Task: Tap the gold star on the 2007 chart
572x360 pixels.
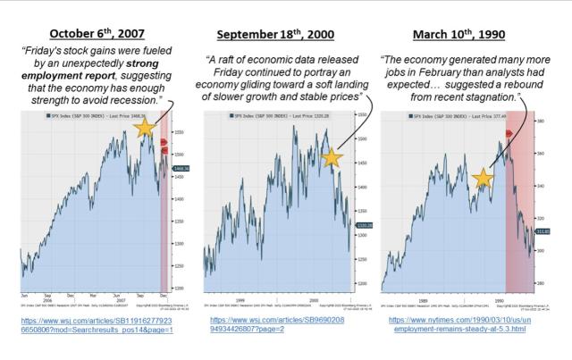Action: (144, 129)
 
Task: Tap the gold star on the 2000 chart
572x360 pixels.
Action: (332, 158)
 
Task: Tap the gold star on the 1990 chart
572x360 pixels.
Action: (484, 179)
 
